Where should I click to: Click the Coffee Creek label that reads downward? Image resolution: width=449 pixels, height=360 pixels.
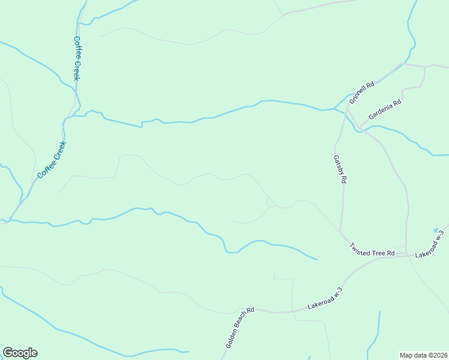pos(77,58)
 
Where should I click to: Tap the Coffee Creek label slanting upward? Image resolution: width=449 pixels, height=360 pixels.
pos(51,160)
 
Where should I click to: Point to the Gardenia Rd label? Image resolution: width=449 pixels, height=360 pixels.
pos(384,110)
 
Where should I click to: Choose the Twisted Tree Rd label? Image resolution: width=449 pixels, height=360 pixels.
pos(372,250)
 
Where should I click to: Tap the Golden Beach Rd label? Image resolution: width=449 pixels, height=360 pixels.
pos(240,328)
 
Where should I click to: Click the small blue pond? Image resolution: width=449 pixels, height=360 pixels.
pos(436,230)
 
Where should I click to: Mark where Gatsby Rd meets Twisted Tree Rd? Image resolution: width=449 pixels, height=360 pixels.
pos(340,232)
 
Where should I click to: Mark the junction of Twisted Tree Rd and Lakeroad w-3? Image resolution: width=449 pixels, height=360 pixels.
pos(407,254)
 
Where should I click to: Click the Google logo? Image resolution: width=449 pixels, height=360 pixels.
pos(20,353)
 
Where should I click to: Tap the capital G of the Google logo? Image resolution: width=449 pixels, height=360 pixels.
pos(8,353)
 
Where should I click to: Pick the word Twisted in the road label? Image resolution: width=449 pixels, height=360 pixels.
pos(361,247)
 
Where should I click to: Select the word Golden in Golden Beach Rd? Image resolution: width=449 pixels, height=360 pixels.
pos(231,340)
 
